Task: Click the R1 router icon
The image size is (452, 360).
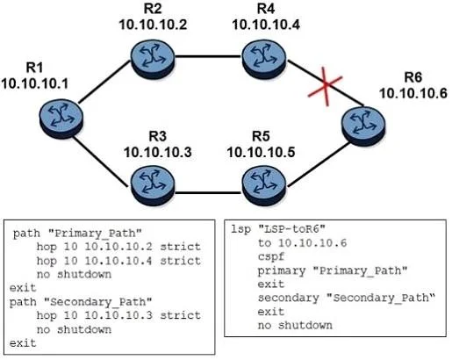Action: click(x=61, y=119)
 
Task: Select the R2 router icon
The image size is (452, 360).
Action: click(x=153, y=59)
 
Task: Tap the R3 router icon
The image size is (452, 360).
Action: click(x=153, y=186)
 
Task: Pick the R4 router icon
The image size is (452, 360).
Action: click(x=264, y=59)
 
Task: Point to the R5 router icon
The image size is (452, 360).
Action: click(x=264, y=186)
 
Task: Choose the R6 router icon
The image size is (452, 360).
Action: click(x=363, y=126)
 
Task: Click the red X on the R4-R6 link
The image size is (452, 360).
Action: click(x=326, y=85)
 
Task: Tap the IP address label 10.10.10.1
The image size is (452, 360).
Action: click(x=34, y=83)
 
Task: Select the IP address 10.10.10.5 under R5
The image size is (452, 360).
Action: click(x=261, y=153)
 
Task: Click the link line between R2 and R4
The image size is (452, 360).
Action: click(x=208, y=56)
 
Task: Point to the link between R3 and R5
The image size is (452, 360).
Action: click(x=208, y=193)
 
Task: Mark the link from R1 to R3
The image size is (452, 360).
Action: click(x=100, y=162)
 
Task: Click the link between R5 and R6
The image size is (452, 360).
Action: click(x=319, y=164)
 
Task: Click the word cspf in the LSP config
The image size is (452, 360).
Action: click(x=271, y=257)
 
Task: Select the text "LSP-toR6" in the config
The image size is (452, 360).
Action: click(x=292, y=228)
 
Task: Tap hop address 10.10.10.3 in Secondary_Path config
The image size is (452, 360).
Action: click(x=118, y=315)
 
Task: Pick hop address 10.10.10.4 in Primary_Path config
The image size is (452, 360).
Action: click(x=118, y=261)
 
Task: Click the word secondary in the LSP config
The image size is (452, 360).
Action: click(x=289, y=298)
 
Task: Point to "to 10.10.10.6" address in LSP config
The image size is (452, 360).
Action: click(x=302, y=242)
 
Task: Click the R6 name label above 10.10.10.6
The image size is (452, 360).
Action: click(x=413, y=77)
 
